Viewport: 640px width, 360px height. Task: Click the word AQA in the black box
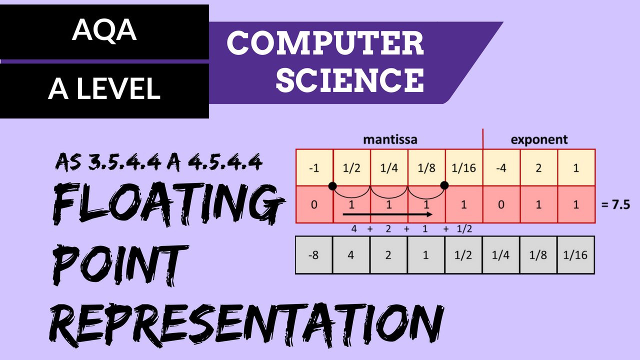104,30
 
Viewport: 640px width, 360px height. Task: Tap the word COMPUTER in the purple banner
325,43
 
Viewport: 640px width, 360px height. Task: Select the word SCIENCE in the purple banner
350,79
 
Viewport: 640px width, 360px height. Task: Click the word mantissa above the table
390,139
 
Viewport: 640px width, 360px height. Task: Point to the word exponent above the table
539,139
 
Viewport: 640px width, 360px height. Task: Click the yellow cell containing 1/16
464,167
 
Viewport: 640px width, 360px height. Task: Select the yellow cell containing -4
501,167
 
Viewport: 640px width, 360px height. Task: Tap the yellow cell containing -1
314,167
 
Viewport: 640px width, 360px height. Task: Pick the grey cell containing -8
313,255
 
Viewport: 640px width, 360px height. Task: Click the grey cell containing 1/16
575,255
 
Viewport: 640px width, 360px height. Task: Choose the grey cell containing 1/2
463,255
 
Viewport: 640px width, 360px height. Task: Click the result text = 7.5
615,205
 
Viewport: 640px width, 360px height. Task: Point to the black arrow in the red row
387,214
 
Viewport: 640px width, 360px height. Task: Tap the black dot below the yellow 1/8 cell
444,185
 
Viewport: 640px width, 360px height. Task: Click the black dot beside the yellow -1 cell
332,186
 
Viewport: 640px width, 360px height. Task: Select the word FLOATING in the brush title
168,204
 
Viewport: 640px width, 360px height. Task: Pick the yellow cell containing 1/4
389,167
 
